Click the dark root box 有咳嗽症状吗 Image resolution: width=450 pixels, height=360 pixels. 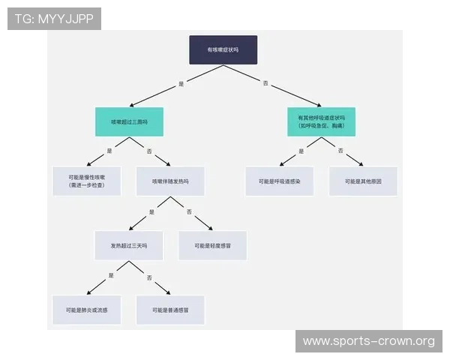coord(223,49)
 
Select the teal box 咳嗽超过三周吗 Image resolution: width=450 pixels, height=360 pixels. coord(129,121)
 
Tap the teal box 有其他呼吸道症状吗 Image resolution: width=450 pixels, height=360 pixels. coord(321,121)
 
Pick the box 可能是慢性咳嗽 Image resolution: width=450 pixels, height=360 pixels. coord(87,181)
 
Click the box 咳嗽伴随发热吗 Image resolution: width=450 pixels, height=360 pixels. coord(170,181)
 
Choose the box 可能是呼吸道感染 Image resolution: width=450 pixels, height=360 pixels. coord(280,181)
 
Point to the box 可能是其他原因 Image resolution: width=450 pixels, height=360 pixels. coord(363,181)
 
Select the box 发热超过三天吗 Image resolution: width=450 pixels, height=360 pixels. coord(129,245)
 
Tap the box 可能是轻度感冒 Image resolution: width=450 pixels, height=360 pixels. coord(212,245)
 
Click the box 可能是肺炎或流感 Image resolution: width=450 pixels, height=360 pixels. coord(87,309)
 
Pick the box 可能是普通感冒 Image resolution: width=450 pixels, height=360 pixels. coord(170,309)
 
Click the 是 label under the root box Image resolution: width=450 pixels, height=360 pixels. coord(181,84)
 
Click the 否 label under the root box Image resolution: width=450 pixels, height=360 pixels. coord(265,83)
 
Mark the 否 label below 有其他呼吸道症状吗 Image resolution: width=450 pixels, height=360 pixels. coord(341,151)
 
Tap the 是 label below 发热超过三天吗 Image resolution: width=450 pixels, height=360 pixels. coord(111,276)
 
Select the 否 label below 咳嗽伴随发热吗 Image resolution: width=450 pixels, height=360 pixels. coord(190,211)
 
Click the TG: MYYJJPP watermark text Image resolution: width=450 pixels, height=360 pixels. coord(54,19)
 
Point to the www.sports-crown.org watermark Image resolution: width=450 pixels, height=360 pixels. coord(368,341)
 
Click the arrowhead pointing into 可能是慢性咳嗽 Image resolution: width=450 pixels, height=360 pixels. coord(90,163)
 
